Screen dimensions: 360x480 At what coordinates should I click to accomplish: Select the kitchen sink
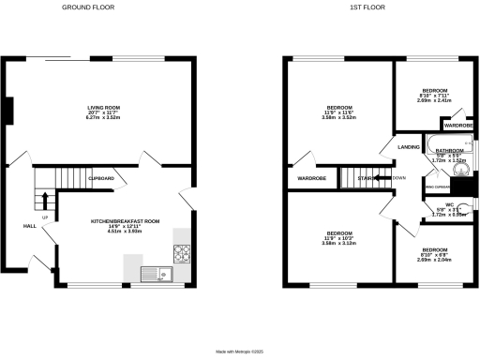[x=152, y=274]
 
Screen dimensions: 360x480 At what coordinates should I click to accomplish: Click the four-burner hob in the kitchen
[x=182, y=252]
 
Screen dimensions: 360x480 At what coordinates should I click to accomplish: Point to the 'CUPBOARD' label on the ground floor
[x=101, y=178]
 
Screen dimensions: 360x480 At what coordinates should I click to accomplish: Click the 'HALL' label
[x=30, y=226]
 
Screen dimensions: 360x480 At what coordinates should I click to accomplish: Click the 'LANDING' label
[x=409, y=147]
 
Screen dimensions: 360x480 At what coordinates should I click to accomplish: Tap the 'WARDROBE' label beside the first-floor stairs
[x=311, y=178]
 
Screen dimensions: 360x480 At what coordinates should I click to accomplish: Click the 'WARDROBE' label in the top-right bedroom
[x=457, y=125]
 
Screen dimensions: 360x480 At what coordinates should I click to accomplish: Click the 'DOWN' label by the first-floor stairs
[x=399, y=177]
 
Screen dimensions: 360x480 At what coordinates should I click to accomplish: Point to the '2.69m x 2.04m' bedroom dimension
[x=434, y=259]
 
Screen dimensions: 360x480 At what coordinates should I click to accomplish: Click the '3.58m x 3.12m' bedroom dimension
[x=338, y=241]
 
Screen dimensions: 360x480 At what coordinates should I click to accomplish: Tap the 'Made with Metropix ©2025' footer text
[x=240, y=352]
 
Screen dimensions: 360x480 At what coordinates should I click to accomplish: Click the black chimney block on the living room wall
[x=7, y=112]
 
